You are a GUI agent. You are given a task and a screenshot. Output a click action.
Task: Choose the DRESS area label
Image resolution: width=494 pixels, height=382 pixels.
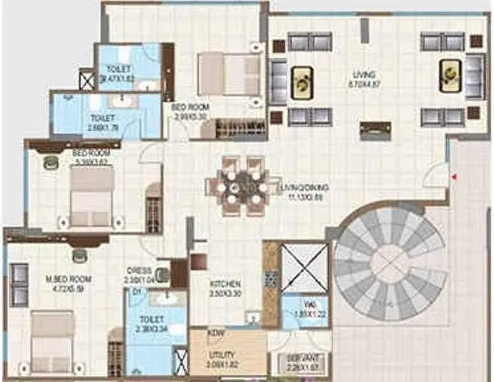point(139,270)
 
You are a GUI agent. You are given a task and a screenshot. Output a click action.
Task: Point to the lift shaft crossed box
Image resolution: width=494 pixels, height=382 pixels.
point(303,267)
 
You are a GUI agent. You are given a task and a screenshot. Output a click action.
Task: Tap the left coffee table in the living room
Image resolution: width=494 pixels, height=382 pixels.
point(301,82)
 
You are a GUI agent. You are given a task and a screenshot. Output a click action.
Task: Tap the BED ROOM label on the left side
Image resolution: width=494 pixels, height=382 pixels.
point(91,154)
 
